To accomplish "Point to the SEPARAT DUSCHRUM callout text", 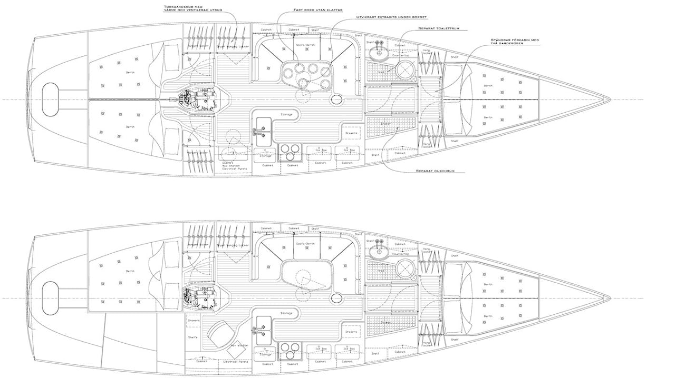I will pyautogui.click(x=435, y=171).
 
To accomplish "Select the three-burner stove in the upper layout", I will pyautogui.click(x=288, y=152).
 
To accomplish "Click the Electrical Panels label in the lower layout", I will pyautogui.click(x=236, y=362).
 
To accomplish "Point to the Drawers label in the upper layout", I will pyautogui.click(x=351, y=133).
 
